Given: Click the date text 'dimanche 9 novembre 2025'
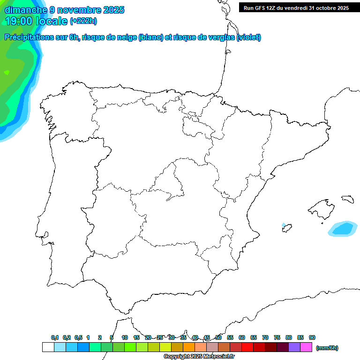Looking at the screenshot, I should (x=64, y=10).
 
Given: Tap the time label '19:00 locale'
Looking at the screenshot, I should (x=36, y=21).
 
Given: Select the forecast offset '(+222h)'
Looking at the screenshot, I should (x=83, y=21).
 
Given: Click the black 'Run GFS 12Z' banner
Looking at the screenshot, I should (x=296, y=8).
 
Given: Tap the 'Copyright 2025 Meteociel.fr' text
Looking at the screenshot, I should (x=199, y=357).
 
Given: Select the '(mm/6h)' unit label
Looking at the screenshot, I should (x=327, y=348).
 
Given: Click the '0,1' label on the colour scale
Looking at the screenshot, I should (x=55, y=337).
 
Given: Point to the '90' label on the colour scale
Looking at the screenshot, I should (x=312, y=337).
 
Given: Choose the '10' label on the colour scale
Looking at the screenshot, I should (x=125, y=337).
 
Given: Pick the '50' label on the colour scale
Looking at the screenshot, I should (x=218, y=337).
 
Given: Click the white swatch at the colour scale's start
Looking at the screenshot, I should (x=48, y=347).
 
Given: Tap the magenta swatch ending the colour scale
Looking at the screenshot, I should (x=306, y=347).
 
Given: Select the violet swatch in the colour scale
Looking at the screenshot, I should (x=294, y=347).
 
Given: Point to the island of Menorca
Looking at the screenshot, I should (x=347, y=199).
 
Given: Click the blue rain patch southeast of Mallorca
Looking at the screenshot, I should (x=343, y=229).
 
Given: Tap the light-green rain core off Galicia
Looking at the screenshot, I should (x=7, y=73).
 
